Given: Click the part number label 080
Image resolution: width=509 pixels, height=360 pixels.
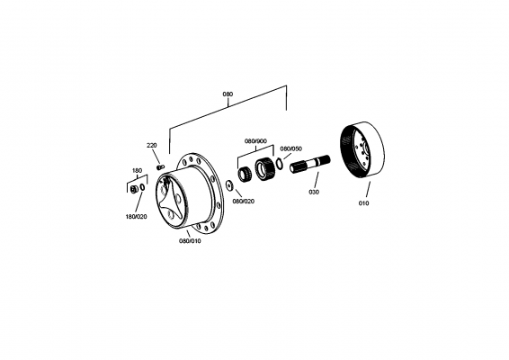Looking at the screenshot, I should [x=228, y=93].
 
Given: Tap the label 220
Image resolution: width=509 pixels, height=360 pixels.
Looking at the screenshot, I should [x=152, y=145].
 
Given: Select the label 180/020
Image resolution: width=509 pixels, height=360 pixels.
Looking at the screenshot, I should [x=137, y=217].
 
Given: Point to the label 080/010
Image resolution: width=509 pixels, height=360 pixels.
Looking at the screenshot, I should [x=191, y=240].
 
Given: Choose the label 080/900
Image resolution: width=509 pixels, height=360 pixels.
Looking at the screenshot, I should [x=255, y=140].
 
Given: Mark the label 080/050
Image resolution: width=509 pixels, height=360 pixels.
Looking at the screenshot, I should [x=290, y=148].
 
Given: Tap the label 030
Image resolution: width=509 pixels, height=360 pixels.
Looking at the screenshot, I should [x=314, y=192].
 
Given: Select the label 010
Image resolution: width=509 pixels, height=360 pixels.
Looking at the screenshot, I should [x=364, y=203].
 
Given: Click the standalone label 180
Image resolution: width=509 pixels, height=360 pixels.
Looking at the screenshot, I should [x=137, y=170].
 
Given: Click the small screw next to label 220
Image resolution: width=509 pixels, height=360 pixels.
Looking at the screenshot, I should [x=160, y=166].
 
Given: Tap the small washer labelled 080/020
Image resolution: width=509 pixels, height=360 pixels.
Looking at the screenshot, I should [x=230, y=184].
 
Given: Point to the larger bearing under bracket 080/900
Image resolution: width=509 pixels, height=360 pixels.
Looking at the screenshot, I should [x=266, y=168].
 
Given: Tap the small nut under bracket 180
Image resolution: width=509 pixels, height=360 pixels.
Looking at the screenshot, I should [x=134, y=190].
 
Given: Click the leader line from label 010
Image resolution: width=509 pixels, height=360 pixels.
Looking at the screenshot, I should [x=366, y=191].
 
